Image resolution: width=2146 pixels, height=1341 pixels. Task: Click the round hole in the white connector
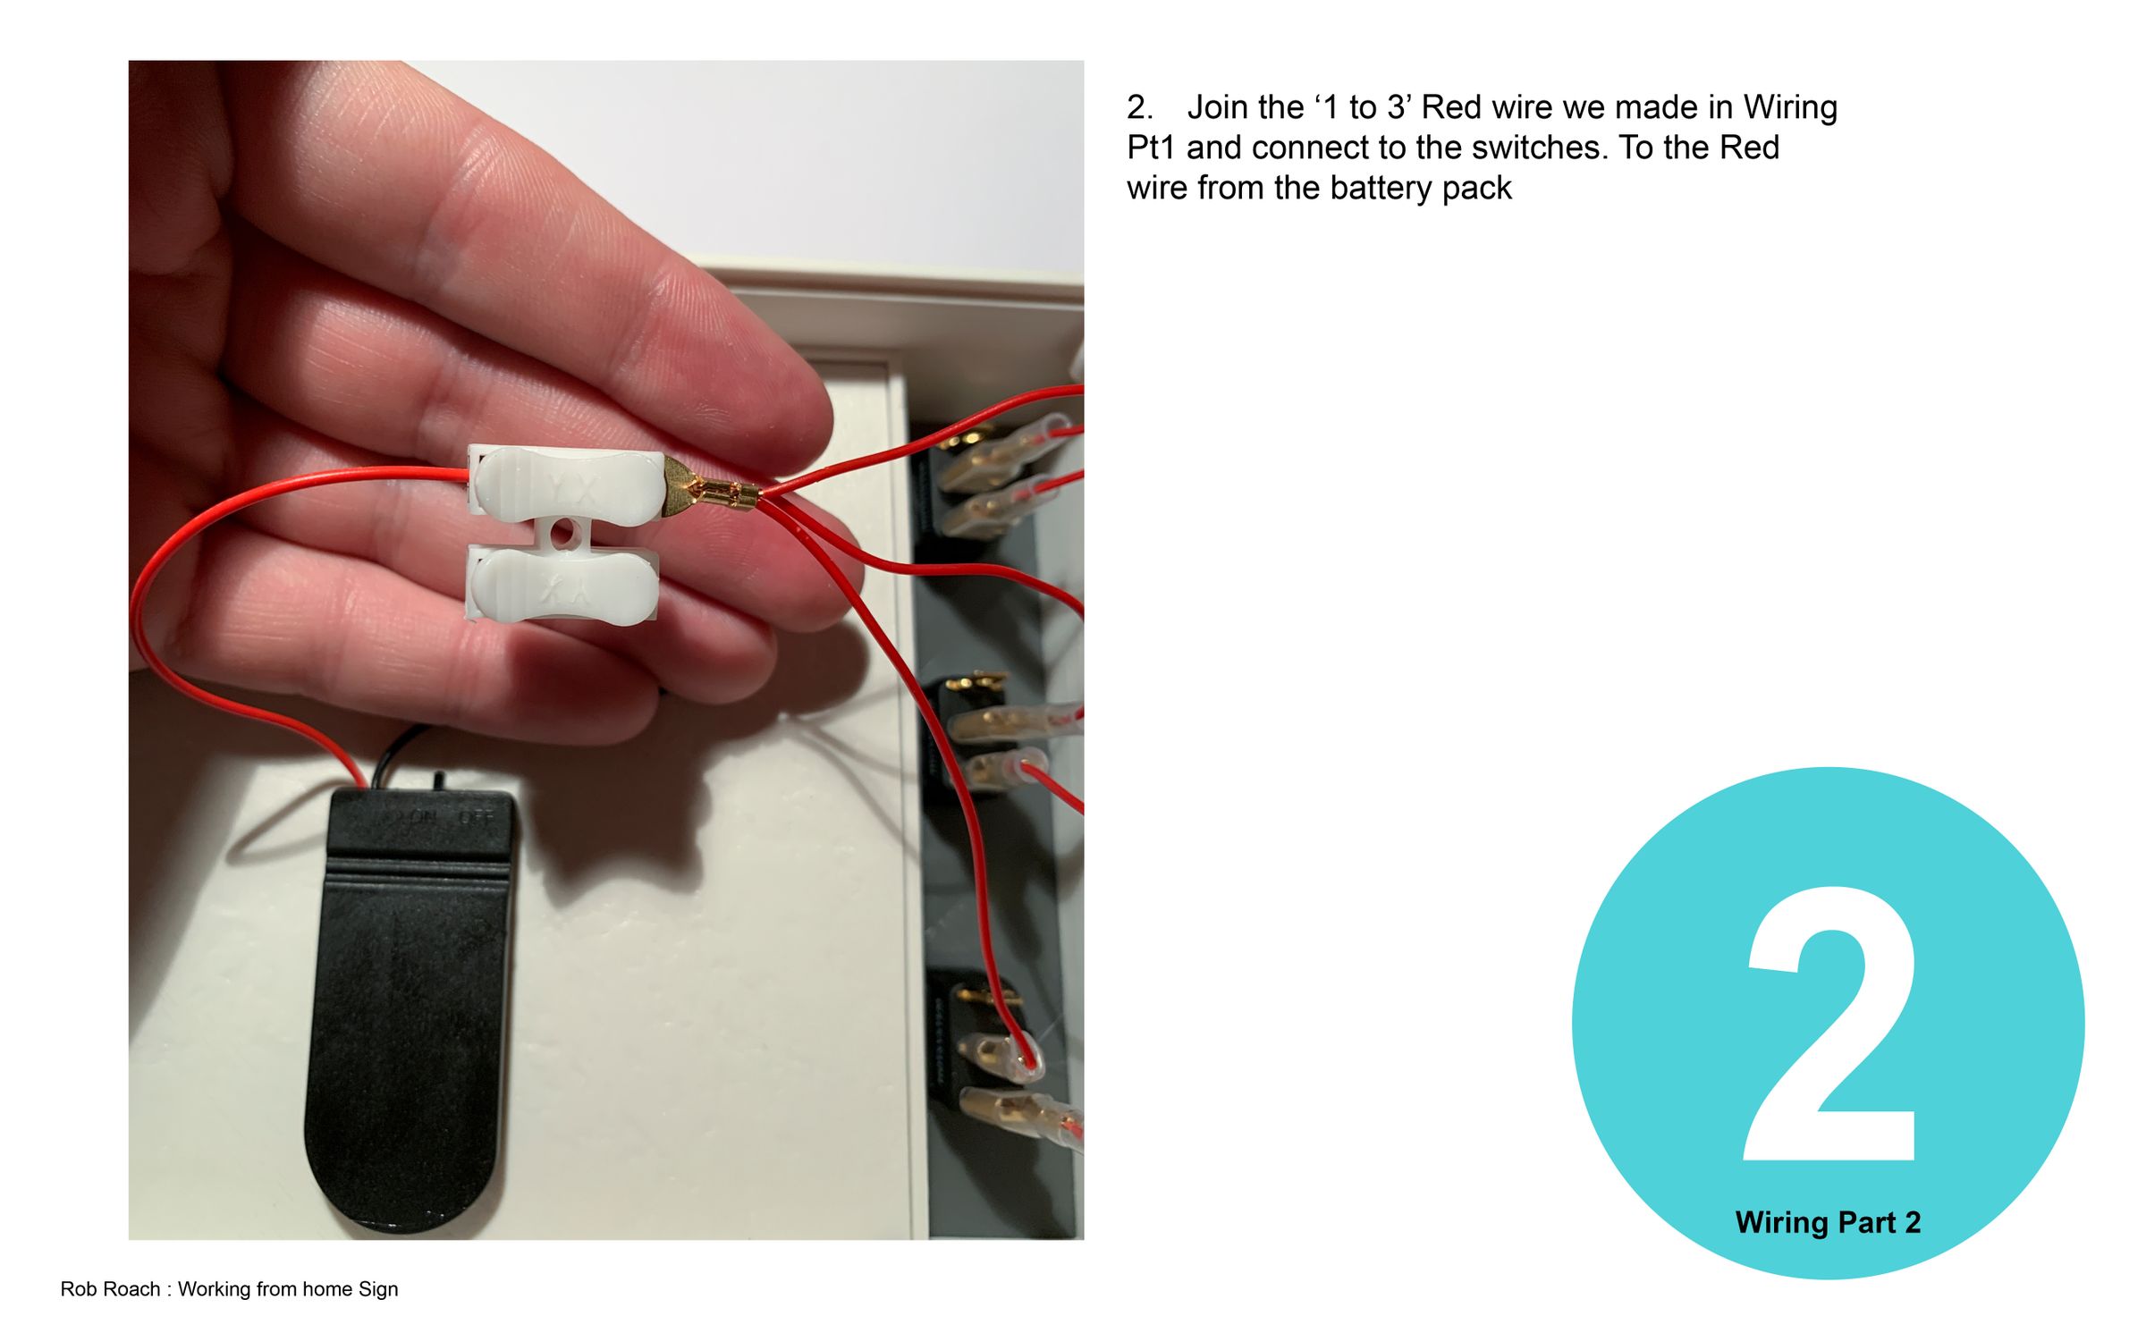[562, 536]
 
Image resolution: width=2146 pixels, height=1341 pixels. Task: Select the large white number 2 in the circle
[1829, 1024]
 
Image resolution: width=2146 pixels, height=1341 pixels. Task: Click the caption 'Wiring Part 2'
[1828, 1222]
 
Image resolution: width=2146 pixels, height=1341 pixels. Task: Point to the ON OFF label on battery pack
[434, 817]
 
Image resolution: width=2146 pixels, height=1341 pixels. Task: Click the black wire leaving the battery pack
[399, 755]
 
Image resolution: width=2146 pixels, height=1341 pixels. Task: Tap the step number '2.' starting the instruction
[1140, 107]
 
